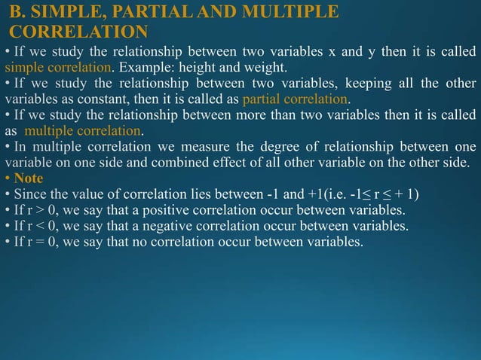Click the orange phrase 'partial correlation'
(296, 99)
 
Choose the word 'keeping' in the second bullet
(369, 84)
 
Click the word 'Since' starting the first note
(31, 194)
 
